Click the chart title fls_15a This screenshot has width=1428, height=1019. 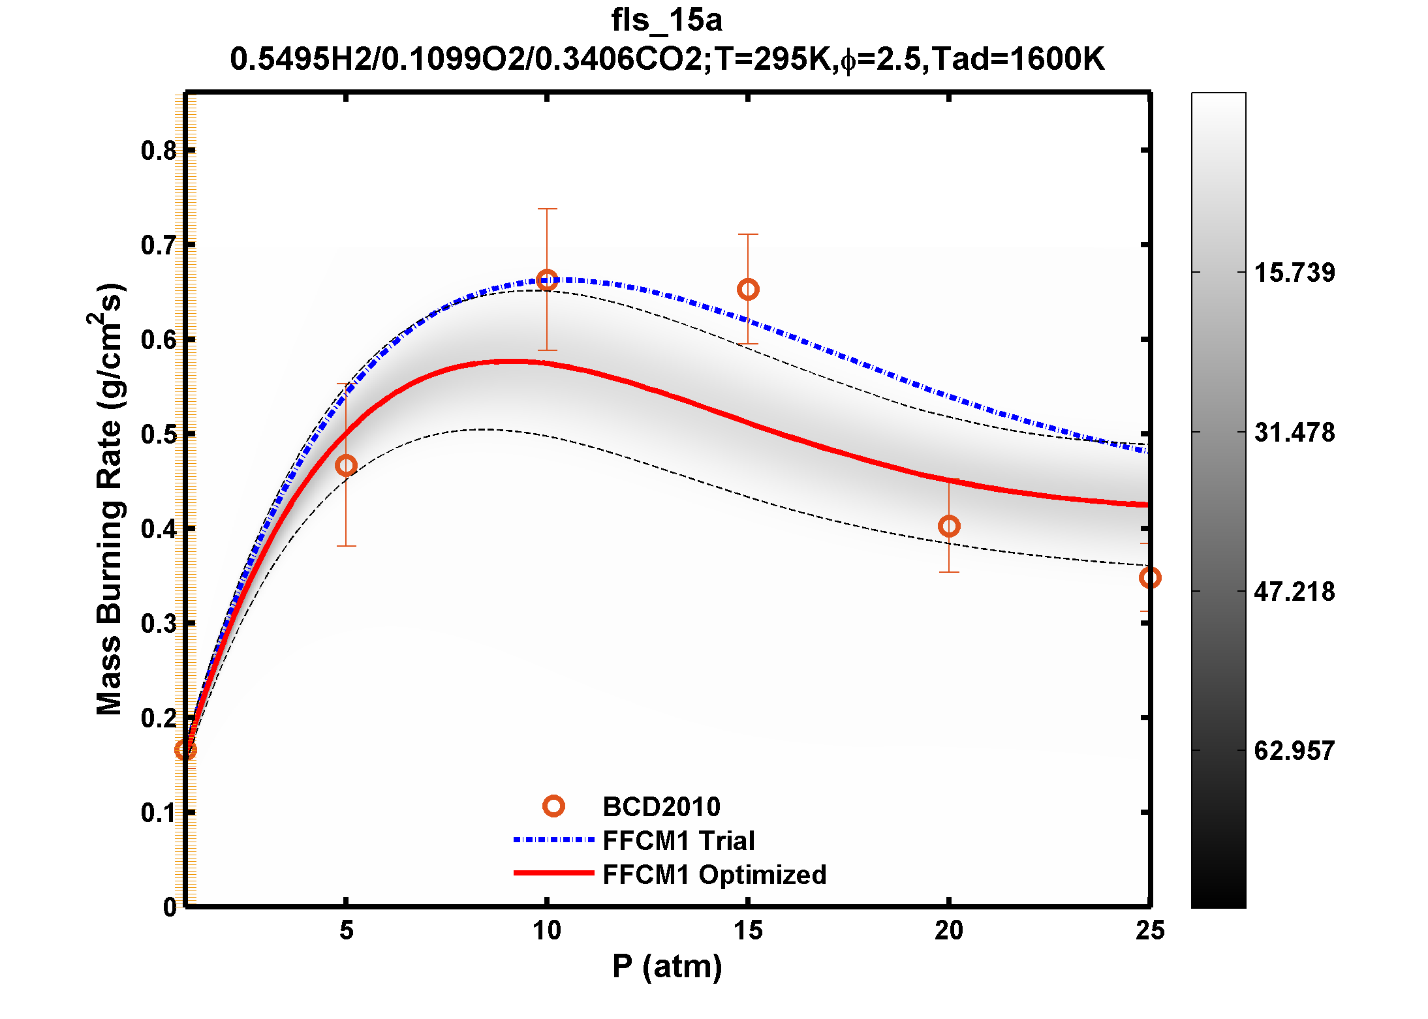[x=666, y=20]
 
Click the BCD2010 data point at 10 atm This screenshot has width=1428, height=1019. [x=547, y=281]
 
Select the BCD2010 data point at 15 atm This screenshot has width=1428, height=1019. [x=748, y=290]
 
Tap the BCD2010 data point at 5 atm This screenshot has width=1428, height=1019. [x=346, y=466]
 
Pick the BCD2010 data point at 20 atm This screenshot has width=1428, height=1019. [x=949, y=526]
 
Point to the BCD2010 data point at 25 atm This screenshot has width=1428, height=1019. [x=1150, y=578]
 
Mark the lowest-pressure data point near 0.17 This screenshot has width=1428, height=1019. [x=185, y=750]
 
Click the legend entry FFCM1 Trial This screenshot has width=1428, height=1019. [x=679, y=841]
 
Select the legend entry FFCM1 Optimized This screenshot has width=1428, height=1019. [x=714, y=875]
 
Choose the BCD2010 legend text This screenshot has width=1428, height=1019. [x=661, y=807]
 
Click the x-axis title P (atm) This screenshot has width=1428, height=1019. [x=667, y=966]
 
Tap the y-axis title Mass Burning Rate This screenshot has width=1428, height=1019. [x=109, y=499]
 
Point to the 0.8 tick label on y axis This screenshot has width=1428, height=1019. [x=159, y=151]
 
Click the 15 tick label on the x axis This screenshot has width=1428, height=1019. [x=748, y=931]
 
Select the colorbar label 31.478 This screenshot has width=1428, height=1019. [x=1294, y=433]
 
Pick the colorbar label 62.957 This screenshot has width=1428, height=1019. [x=1294, y=751]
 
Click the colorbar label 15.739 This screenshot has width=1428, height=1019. [x=1294, y=273]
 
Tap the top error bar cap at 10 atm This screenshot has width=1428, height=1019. [x=547, y=209]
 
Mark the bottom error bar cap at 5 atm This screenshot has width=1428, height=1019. [x=346, y=546]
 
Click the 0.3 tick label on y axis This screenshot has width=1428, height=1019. [x=159, y=624]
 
